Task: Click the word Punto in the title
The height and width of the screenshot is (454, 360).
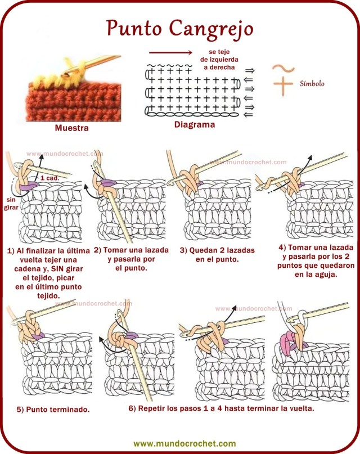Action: [134, 28]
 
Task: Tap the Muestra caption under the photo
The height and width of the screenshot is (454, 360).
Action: [72, 128]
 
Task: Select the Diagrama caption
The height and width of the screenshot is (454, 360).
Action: [195, 125]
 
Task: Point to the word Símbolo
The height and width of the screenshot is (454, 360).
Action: [312, 84]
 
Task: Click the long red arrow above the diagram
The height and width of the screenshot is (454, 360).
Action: [170, 52]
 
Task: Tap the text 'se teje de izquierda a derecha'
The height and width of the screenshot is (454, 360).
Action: [219, 60]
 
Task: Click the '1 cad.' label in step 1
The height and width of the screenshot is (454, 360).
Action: [49, 178]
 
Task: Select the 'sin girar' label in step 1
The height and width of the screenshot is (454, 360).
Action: [11, 204]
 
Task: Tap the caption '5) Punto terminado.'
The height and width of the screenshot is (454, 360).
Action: [53, 410]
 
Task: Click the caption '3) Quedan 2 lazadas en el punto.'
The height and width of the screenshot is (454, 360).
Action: [217, 255]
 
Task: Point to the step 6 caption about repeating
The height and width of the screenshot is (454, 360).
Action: [222, 408]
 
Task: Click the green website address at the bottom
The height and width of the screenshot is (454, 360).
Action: [184, 443]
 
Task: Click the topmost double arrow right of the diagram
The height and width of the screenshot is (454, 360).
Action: [249, 71]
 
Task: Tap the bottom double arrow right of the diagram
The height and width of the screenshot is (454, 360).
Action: [249, 115]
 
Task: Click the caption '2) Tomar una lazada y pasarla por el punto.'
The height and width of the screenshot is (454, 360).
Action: [131, 259]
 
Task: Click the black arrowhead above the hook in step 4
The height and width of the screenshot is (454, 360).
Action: [310, 157]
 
